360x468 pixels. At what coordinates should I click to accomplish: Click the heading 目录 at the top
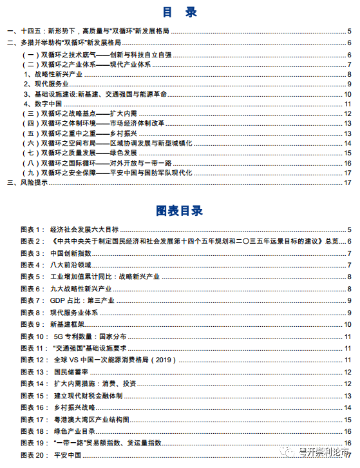pyautogui.click(x=179, y=12)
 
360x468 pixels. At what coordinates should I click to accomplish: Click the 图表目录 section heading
pyautogui.click(x=179, y=211)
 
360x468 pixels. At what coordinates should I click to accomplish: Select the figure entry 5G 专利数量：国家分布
pyautogui.click(x=90, y=336)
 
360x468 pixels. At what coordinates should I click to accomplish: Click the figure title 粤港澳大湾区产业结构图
pyautogui.click(x=90, y=420)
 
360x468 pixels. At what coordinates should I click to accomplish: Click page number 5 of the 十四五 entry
pyautogui.click(x=348, y=31)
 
